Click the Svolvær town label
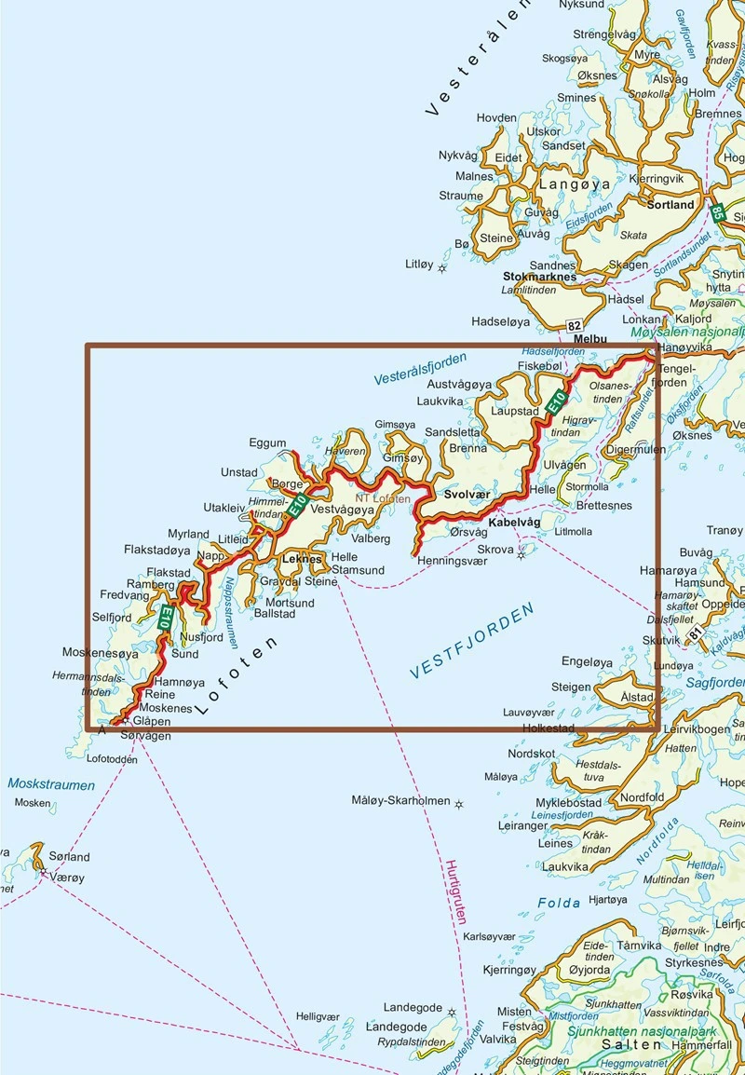click(x=467, y=496)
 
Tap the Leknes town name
click(x=301, y=559)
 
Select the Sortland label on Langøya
click(x=670, y=204)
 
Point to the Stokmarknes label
click(x=539, y=277)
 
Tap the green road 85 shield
click(x=717, y=212)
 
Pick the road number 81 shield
click(x=697, y=633)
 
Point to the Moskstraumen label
click(x=51, y=784)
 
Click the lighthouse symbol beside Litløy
click(x=442, y=268)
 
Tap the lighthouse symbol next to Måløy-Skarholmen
click(x=458, y=804)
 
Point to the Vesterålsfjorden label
click(x=420, y=369)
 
